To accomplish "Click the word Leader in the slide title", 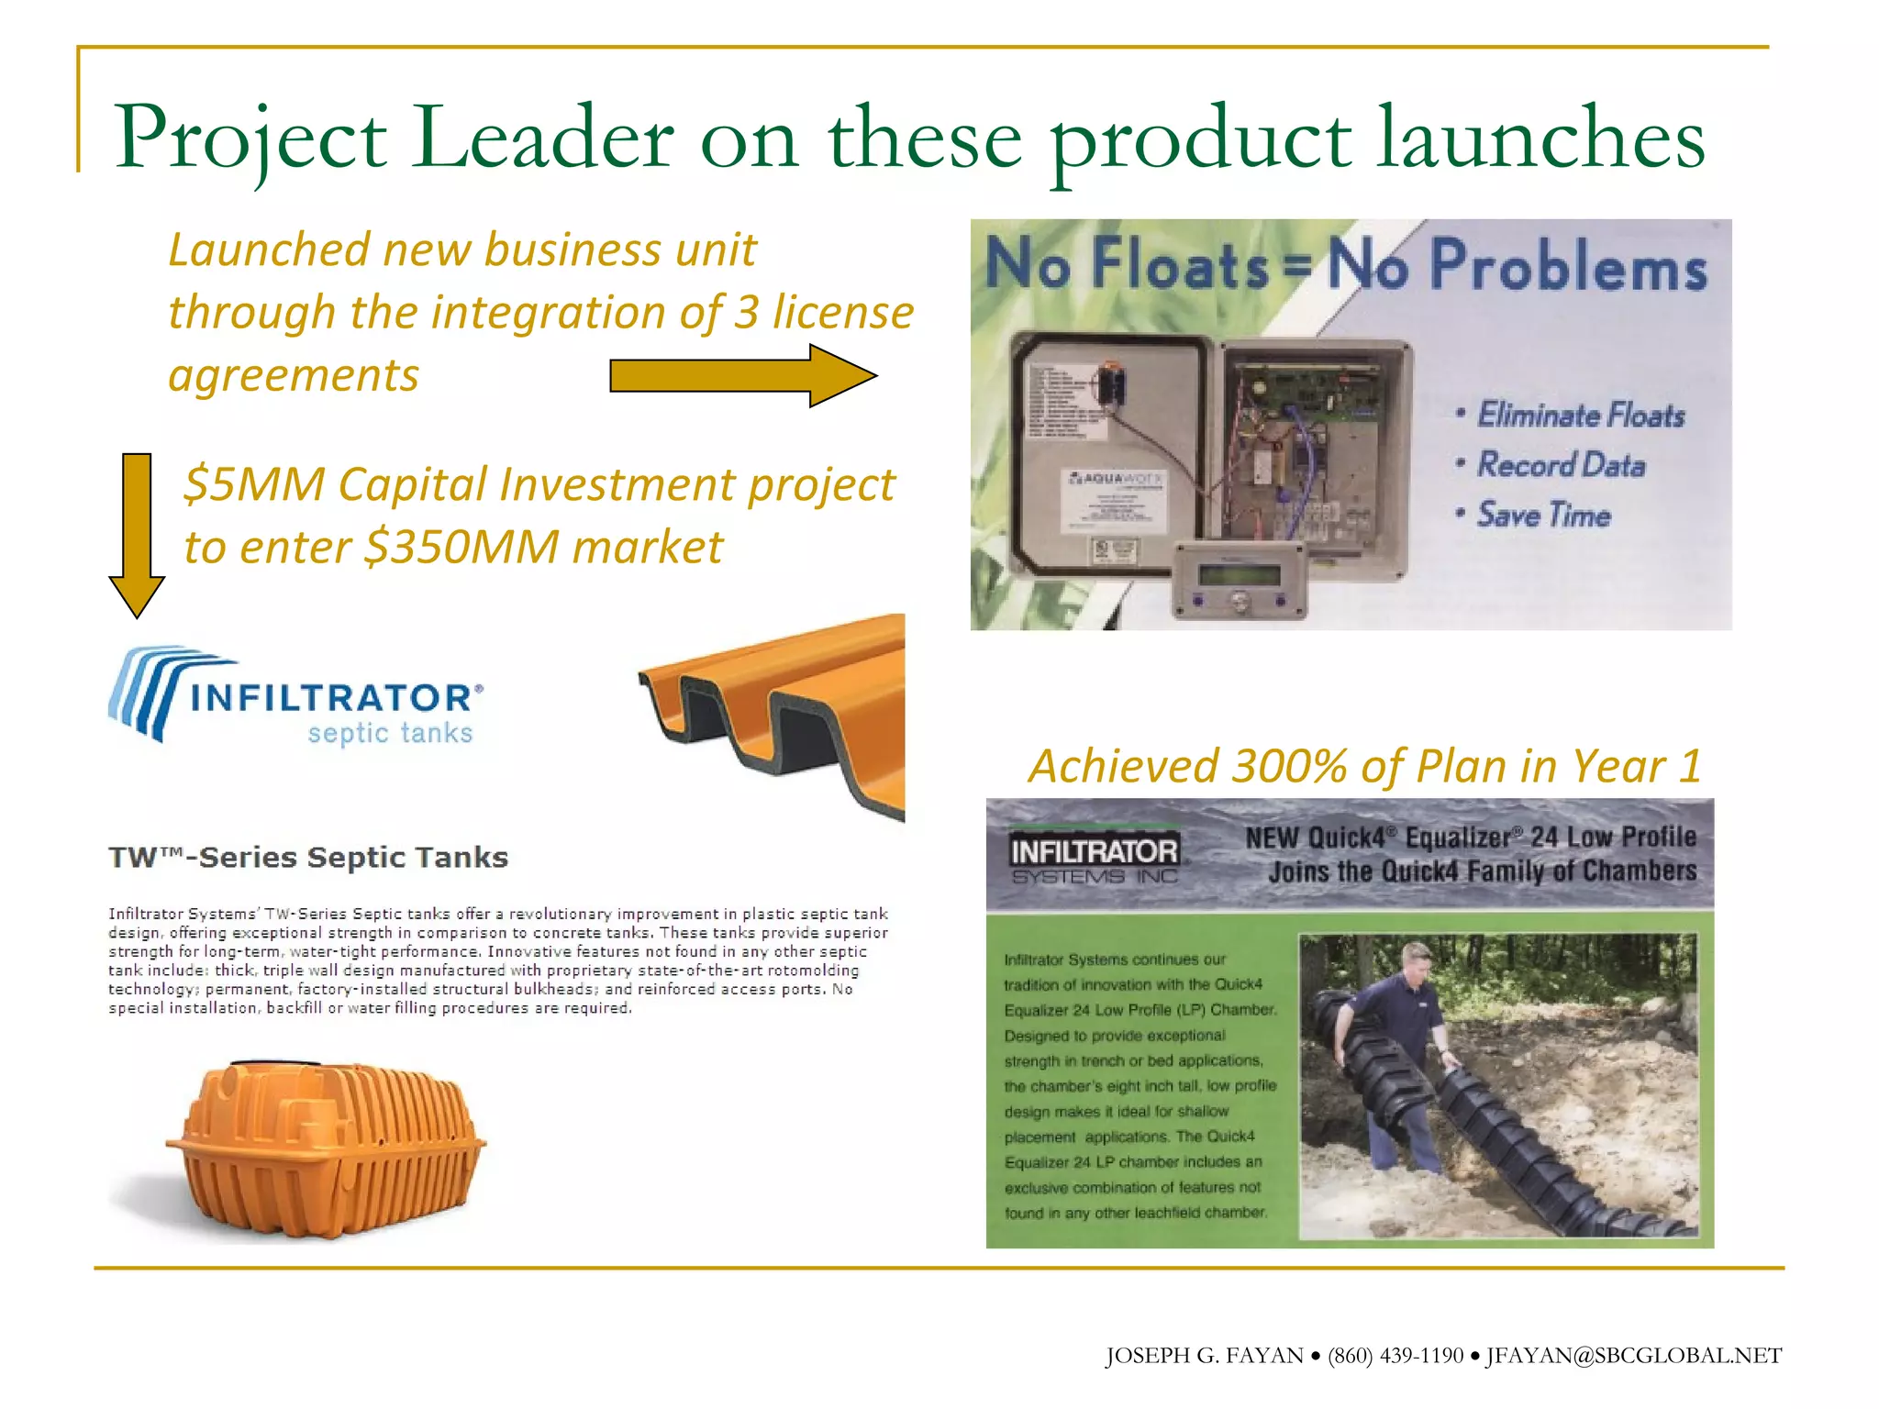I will click(x=541, y=139).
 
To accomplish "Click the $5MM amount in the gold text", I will click(x=254, y=484).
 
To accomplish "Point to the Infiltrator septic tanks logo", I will click(x=295, y=697).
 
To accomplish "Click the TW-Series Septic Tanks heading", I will click(x=308, y=858).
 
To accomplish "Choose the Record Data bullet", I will click(x=1560, y=465).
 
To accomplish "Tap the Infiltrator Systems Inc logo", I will click(x=1094, y=859).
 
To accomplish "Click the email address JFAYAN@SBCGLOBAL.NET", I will click(x=1633, y=1356).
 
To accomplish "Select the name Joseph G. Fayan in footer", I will click(x=1204, y=1356).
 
